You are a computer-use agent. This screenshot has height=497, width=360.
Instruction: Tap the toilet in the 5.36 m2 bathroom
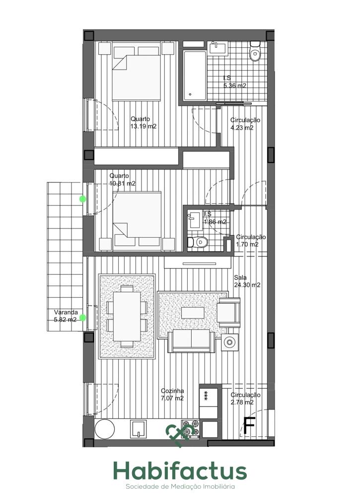[255, 51]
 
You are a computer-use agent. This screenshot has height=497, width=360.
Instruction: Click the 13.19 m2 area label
[144, 126]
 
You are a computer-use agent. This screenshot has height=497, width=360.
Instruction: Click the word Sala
[240, 278]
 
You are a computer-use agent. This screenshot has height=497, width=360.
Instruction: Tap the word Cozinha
[172, 391]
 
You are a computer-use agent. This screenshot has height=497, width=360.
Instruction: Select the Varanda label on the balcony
[66, 312]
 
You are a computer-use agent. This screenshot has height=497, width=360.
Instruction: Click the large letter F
[249, 425]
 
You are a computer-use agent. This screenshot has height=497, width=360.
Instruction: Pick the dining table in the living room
[127, 316]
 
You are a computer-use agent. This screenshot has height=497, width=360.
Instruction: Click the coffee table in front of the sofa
[193, 313]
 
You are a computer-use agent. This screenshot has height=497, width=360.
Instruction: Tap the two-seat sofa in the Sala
[192, 341]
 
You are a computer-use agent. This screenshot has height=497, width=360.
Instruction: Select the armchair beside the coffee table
[228, 313]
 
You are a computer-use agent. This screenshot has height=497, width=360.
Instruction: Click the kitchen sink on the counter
[139, 429]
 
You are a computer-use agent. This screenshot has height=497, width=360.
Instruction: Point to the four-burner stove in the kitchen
[190, 429]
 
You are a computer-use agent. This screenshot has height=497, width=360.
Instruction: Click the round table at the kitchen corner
[104, 429]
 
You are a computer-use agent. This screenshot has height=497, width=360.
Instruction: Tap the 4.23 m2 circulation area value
[242, 128]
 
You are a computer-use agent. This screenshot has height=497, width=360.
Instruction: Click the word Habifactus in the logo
[180, 471]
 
